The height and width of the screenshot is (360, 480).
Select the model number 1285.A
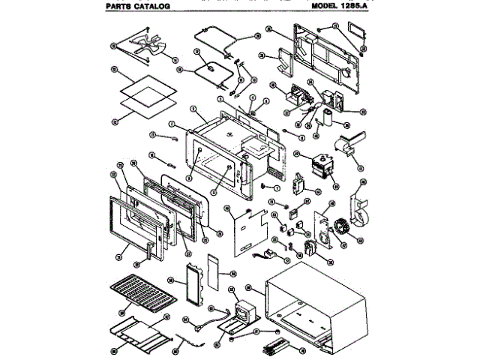[358, 5]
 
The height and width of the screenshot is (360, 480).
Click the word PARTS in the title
[120, 6]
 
